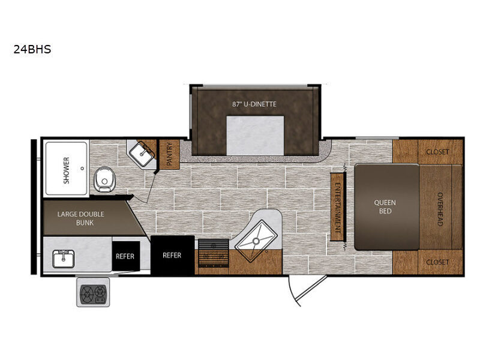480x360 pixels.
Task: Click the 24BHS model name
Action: (x=32, y=49)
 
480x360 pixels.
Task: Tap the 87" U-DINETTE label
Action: (x=254, y=104)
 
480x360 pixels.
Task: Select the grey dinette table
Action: (x=255, y=135)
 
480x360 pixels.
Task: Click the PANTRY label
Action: (x=169, y=154)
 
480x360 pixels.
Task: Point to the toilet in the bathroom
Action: (x=104, y=179)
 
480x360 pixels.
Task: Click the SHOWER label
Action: (x=66, y=170)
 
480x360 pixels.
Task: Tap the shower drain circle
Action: (x=82, y=169)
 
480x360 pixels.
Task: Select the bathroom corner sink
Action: (x=142, y=154)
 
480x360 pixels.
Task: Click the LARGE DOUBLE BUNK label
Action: (x=81, y=218)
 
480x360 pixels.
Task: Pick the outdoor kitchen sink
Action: (x=64, y=259)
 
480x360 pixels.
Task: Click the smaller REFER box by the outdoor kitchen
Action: (x=126, y=256)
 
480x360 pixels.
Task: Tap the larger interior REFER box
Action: (x=172, y=255)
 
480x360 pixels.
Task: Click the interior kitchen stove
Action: (x=214, y=253)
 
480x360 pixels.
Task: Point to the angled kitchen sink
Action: (x=256, y=241)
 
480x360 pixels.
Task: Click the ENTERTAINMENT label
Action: (x=338, y=207)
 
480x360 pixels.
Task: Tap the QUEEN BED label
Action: (x=385, y=206)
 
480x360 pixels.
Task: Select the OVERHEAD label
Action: (x=440, y=209)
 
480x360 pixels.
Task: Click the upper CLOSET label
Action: (x=437, y=152)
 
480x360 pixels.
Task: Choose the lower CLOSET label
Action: (x=437, y=262)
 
